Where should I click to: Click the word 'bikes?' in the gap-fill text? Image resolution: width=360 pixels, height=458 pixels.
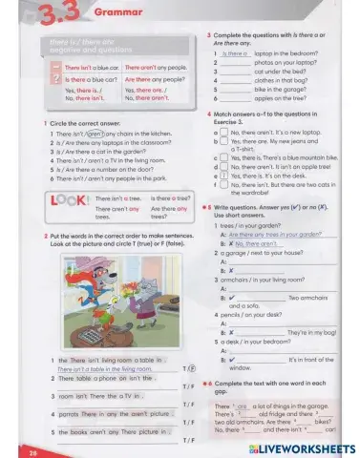(x=324, y=419)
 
